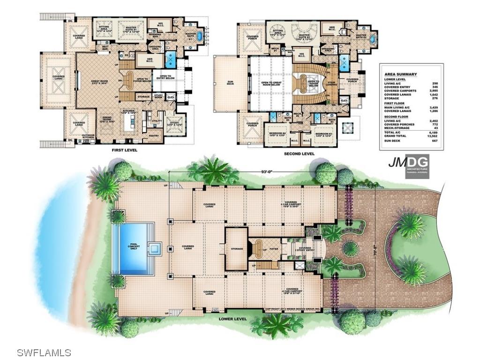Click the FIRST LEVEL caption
pyautogui.click(x=124, y=151)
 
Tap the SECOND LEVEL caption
pyautogui.click(x=299, y=154)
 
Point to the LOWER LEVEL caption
pyautogui.click(x=232, y=319)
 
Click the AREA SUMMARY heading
pyautogui.click(x=400, y=75)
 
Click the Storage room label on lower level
pyautogui.click(x=236, y=248)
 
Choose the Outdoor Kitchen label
pyautogui.click(x=88, y=136)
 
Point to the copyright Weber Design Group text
pyautogui.click(x=292, y=309)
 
